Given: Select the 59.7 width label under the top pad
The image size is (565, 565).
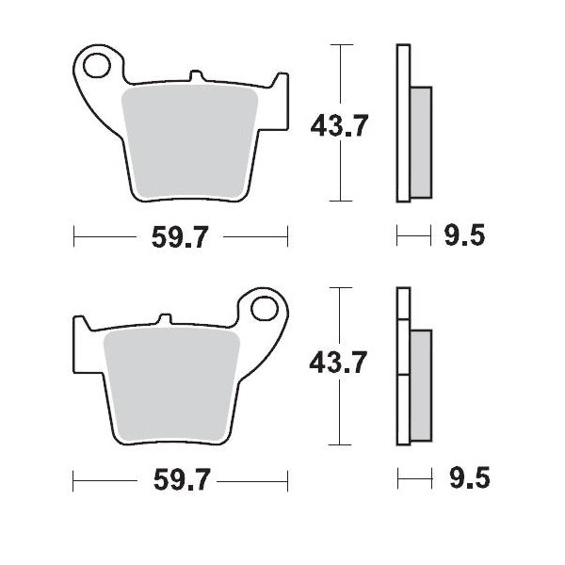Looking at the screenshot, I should (179, 237).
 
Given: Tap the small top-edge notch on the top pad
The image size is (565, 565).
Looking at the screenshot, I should (195, 73).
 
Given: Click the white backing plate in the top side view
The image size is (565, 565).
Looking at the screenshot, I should (403, 122).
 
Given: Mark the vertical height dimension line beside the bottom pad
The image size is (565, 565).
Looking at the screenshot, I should (340, 414).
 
